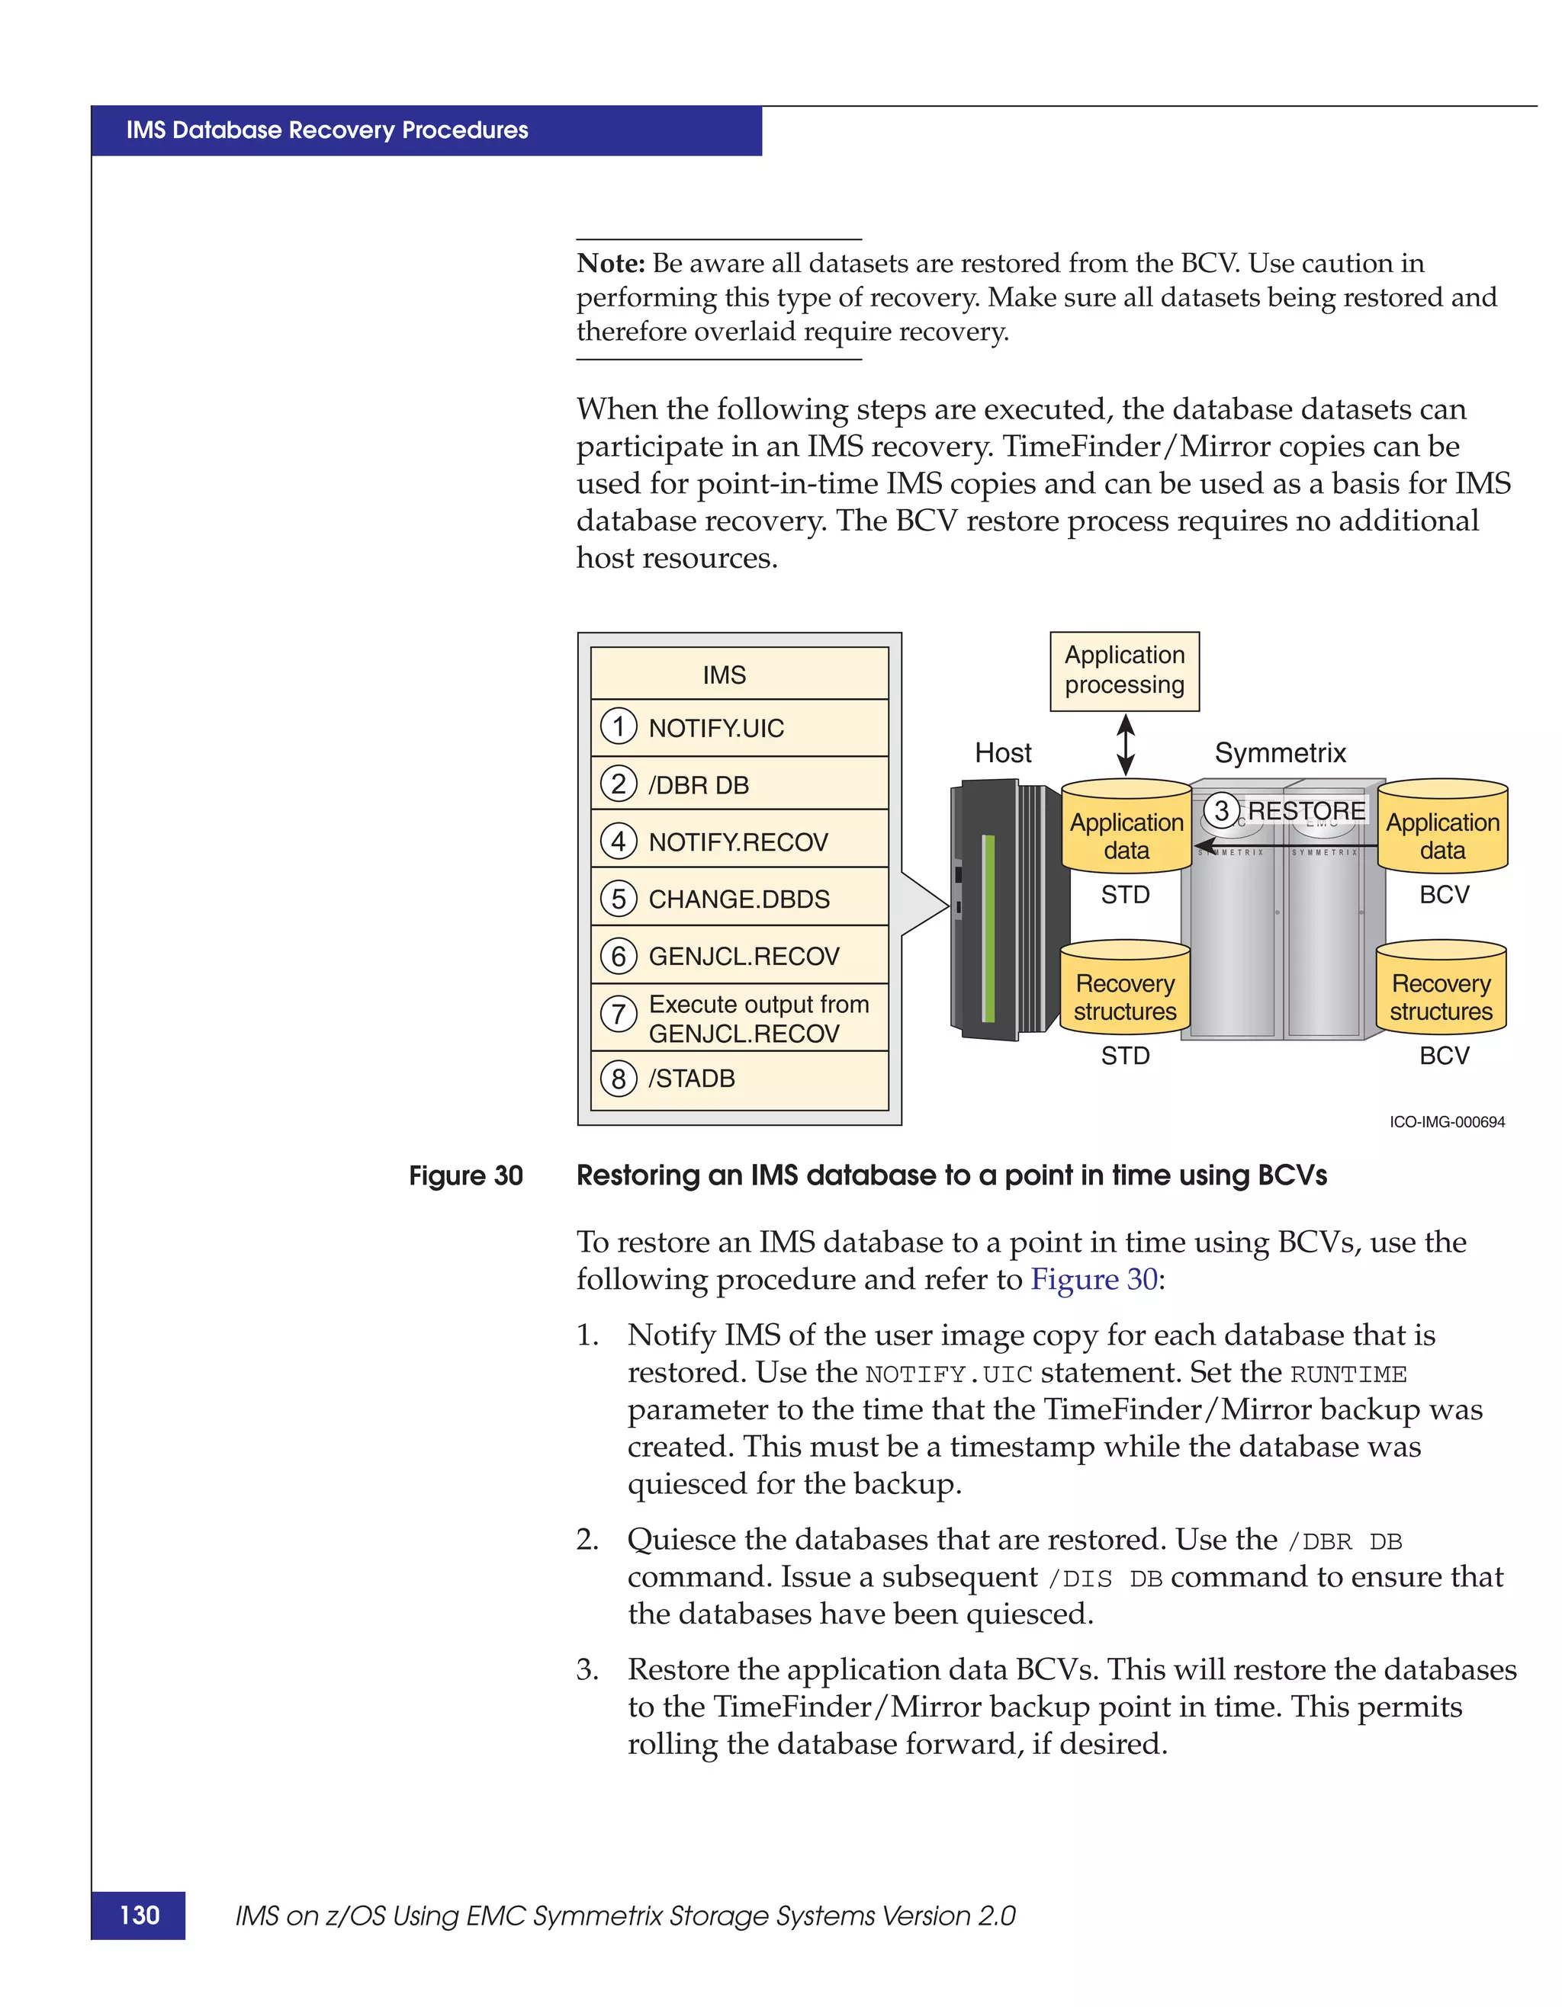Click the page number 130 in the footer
click(x=139, y=1915)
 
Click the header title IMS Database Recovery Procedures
click(x=327, y=130)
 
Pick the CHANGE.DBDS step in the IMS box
click(x=738, y=899)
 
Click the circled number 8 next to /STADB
click(x=619, y=1078)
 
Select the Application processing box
click(x=1124, y=671)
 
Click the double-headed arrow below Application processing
click(x=1125, y=745)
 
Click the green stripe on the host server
click(x=989, y=928)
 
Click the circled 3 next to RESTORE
click(x=1221, y=810)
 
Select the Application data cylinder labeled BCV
click(x=1441, y=827)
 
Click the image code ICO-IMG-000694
click(x=1446, y=1122)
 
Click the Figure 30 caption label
click(x=465, y=1175)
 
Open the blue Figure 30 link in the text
click(x=1093, y=1279)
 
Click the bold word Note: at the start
click(x=610, y=264)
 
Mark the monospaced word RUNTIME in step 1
click(x=1348, y=1375)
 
